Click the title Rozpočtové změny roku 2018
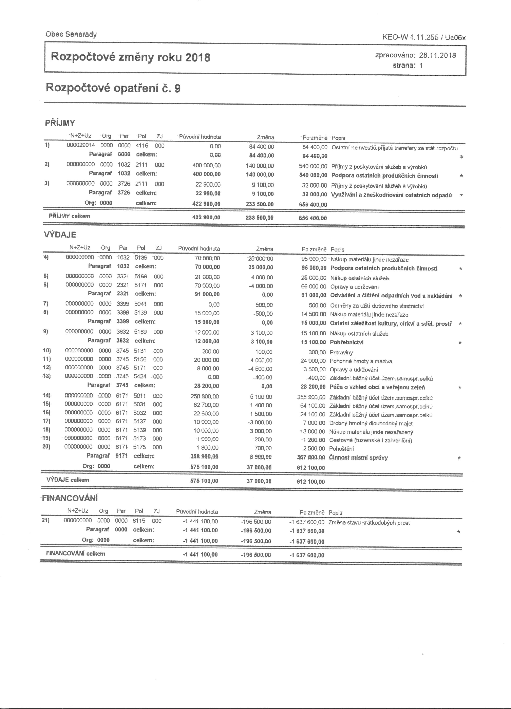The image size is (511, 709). click(130, 57)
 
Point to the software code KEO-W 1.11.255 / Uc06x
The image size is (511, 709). click(424, 38)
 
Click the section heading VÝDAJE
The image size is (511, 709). click(59, 235)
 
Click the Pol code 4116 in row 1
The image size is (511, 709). click(141, 146)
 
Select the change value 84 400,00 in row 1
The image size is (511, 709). click(261, 147)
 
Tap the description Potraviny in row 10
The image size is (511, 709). click(341, 353)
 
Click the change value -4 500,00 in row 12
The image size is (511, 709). click(260, 369)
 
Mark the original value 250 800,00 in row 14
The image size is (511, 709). click(205, 396)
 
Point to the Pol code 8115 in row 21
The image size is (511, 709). click(139, 521)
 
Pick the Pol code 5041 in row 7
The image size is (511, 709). click(140, 304)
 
